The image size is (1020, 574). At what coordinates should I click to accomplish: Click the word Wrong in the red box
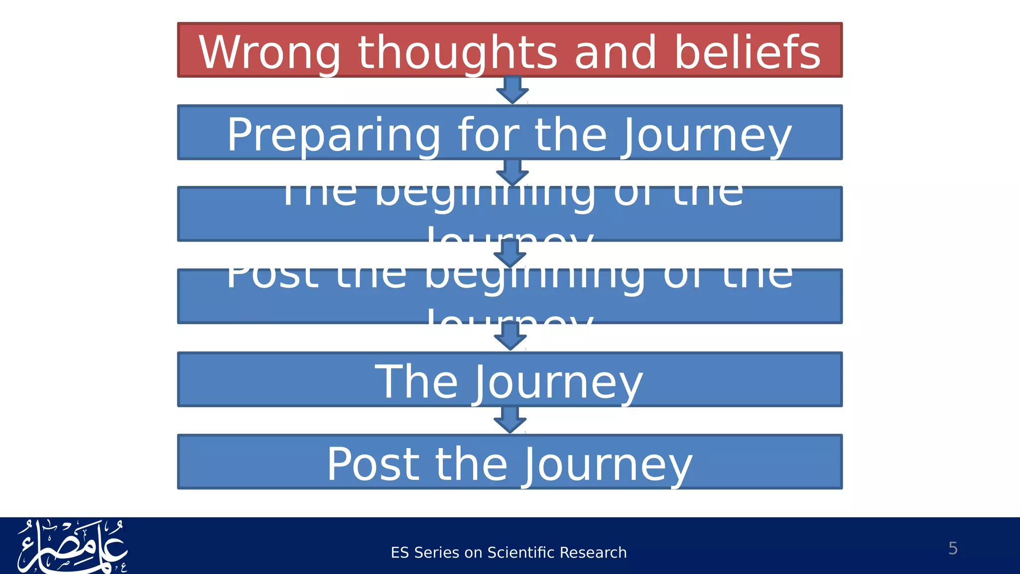(x=269, y=53)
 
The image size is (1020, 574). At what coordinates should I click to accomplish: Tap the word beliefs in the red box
(x=747, y=53)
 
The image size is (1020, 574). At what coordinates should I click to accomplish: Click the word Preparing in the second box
(x=333, y=136)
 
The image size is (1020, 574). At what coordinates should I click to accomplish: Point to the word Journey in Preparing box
(x=706, y=136)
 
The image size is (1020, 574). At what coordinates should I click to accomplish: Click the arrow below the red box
(x=512, y=90)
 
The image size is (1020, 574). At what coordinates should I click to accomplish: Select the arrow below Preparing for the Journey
(x=512, y=172)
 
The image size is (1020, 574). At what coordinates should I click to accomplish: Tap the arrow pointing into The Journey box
(x=510, y=336)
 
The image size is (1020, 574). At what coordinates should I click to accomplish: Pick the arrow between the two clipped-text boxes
(x=510, y=254)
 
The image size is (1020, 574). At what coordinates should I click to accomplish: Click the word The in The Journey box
(x=416, y=382)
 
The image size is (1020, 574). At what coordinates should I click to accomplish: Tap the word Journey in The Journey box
(x=558, y=382)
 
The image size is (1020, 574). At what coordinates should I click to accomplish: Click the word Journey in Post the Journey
(x=608, y=465)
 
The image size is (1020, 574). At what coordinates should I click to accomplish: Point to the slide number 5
(x=953, y=548)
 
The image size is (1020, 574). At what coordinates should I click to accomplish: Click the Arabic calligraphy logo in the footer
(x=72, y=547)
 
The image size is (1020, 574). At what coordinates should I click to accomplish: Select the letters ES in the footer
(x=400, y=553)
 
